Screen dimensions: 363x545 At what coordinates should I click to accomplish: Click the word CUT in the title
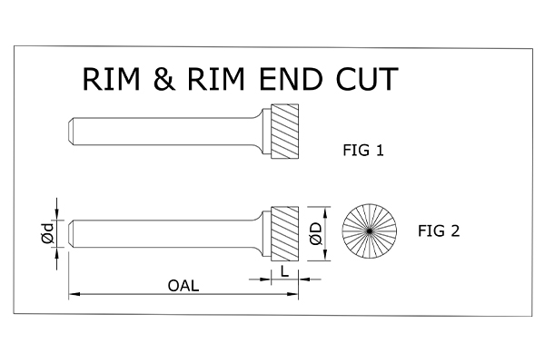pos(364,79)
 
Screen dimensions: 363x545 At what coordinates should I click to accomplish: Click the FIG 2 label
pos(439,231)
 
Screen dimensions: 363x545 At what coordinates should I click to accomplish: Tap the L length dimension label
pos(284,271)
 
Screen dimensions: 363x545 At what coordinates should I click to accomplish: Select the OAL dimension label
pos(183,285)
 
